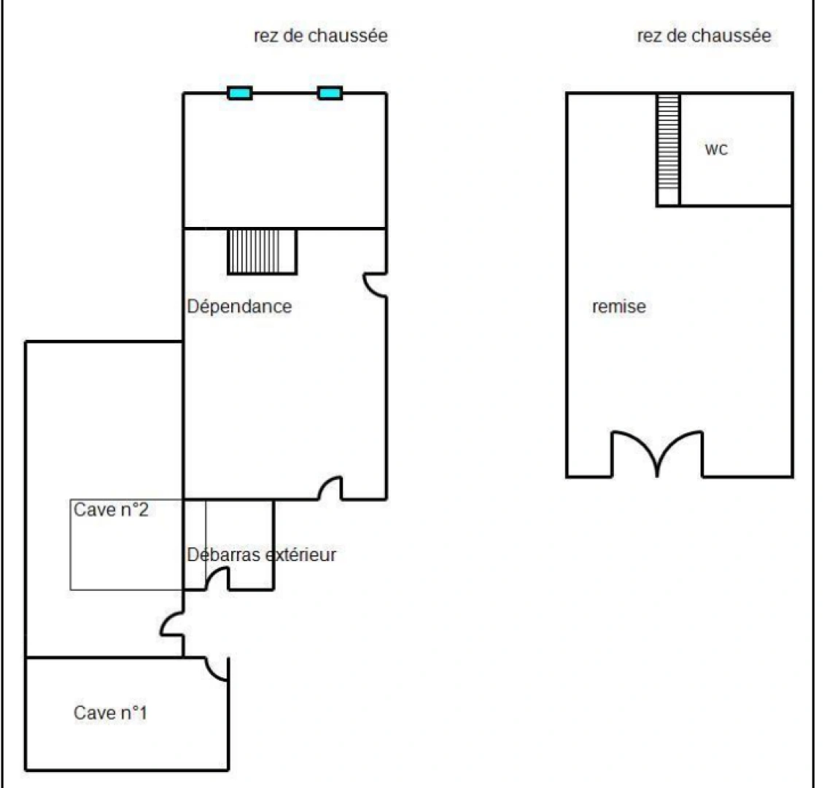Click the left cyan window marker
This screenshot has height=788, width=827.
click(240, 93)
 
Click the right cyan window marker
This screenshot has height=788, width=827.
click(330, 93)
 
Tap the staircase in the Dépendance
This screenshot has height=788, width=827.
click(263, 252)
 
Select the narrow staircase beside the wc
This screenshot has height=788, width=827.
click(667, 149)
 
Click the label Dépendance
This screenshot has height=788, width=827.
click(239, 306)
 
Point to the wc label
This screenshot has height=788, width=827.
click(716, 150)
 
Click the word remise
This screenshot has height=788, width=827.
click(618, 306)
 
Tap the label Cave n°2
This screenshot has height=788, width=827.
click(111, 509)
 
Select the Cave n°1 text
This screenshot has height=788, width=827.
click(110, 712)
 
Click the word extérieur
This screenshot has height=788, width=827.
click(301, 555)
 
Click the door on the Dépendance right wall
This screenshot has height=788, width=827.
click(376, 285)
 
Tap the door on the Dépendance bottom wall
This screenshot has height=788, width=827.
click(330, 489)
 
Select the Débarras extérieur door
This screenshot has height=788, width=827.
click(217, 579)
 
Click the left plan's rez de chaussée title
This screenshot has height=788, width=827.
click(321, 35)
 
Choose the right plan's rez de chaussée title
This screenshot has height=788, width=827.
click(704, 35)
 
